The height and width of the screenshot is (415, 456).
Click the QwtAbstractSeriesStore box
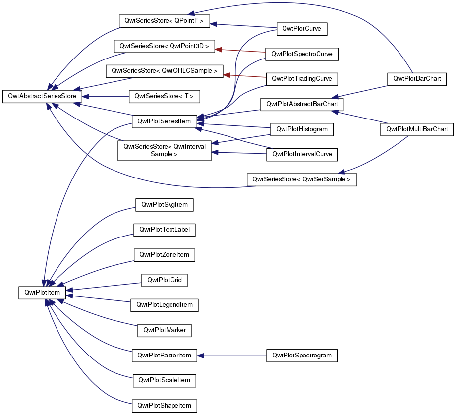(x=42, y=96)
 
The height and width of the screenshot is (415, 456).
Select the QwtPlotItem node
(x=42, y=293)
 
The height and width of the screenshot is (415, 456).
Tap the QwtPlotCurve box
(x=302, y=29)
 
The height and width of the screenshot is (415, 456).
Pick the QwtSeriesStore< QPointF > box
(x=165, y=21)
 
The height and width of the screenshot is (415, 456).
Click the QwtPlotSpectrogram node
(x=302, y=356)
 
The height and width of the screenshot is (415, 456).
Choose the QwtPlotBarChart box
(x=417, y=79)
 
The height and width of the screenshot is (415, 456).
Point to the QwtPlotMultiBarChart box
(x=417, y=129)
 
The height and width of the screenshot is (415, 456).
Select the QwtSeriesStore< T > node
(x=165, y=96)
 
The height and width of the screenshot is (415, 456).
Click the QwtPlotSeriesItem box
(x=165, y=121)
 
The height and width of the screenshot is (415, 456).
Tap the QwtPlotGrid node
(x=165, y=280)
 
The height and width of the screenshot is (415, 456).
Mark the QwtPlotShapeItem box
(x=165, y=406)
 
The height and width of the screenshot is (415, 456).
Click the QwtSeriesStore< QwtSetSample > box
(x=302, y=179)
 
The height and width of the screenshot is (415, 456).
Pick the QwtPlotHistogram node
(x=302, y=129)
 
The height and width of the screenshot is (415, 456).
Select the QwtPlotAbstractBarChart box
(x=302, y=104)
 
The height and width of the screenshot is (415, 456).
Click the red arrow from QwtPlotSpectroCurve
(x=240, y=51)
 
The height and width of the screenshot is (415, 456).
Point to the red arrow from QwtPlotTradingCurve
(x=245, y=76)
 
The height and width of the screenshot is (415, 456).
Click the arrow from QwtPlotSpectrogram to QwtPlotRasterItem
(x=232, y=356)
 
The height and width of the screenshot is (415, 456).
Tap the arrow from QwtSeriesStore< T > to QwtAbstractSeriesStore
(x=106, y=97)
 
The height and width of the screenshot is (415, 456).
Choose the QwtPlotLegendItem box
(x=165, y=305)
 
